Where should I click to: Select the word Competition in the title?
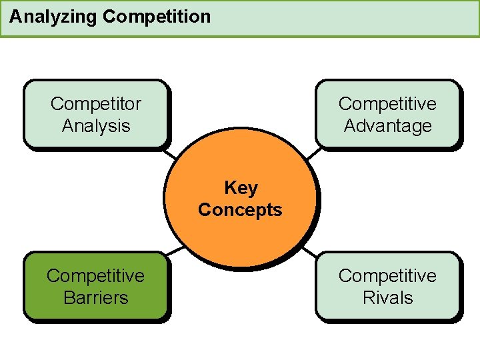(157, 17)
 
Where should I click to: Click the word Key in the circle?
(241, 188)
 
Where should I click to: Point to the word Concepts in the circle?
(240, 210)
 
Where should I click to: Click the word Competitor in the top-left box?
(96, 104)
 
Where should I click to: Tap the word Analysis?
(96, 126)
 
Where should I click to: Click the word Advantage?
(387, 126)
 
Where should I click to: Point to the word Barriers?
(96, 298)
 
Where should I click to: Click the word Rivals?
(387, 298)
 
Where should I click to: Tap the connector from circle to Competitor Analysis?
(173, 153)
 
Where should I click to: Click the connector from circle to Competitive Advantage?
(312, 153)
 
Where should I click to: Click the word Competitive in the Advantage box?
(387, 104)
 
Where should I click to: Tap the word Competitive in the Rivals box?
(387, 276)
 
